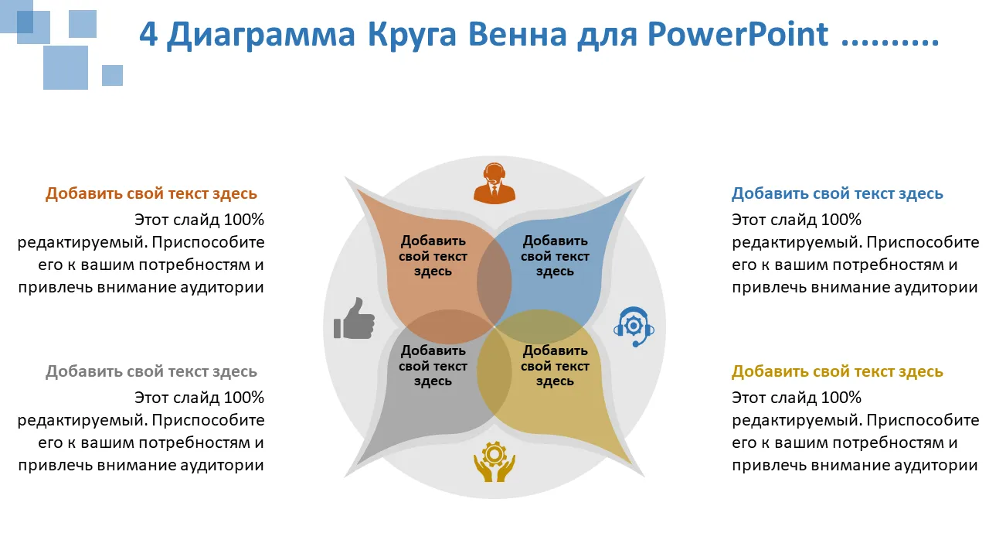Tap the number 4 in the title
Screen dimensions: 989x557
click(148, 34)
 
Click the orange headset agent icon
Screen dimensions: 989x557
click(494, 183)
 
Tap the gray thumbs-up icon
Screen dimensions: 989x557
click(354, 318)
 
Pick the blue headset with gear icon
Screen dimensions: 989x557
click(634, 326)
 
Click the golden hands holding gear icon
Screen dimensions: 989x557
click(494, 461)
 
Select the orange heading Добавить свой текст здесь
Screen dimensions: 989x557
click(151, 193)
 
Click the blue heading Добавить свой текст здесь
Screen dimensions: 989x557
click(837, 193)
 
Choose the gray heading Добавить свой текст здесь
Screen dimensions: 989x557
click(151, 371)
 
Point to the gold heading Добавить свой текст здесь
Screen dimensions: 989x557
click(837, 371)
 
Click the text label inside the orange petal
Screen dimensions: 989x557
click(433, 256)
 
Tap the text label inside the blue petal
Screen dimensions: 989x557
click(555, 256)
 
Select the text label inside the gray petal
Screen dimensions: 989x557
click(433, 366)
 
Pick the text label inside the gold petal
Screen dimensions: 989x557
click(555, 366)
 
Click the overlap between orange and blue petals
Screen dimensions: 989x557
click(494, 282)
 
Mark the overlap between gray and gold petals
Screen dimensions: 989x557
click(494, 371)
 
